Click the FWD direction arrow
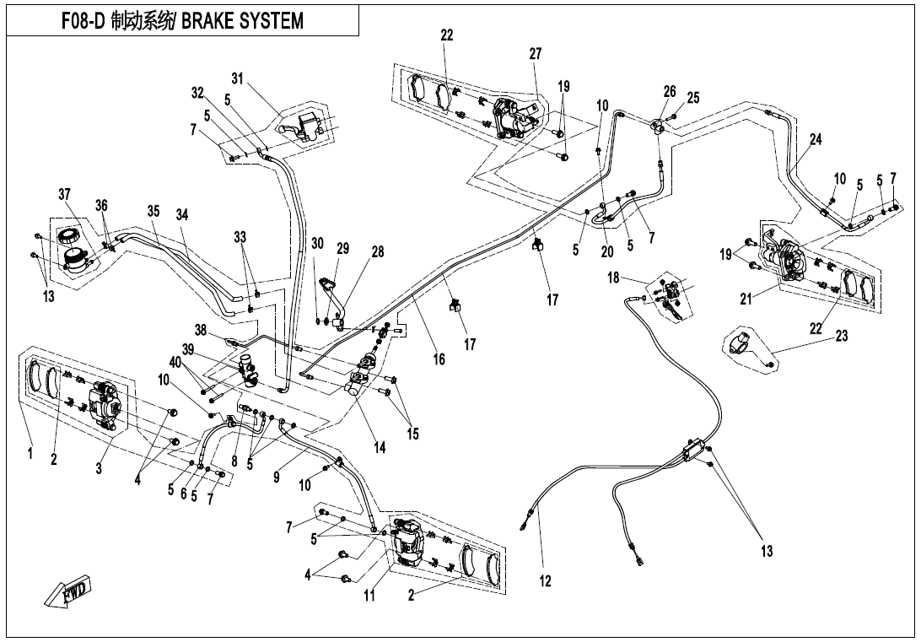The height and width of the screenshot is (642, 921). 70,594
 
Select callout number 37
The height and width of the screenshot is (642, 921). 65,195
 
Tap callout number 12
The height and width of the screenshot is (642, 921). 545,580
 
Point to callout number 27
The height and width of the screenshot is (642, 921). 536,53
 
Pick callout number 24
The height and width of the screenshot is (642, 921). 815,140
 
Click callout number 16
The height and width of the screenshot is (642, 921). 439,359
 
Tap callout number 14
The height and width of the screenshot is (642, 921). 380,448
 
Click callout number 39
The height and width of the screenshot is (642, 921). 188,349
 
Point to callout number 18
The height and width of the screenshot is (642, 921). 613,278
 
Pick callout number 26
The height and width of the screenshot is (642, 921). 670,91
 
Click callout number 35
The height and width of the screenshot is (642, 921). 153,212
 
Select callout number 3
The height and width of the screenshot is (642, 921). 99,469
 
